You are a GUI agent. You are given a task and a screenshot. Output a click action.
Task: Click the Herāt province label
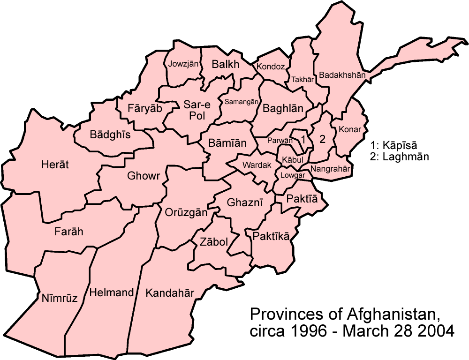(55, 165)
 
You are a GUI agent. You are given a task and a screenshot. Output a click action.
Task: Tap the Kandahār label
(170, 293)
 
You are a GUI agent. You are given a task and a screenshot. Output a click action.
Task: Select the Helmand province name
(112, 292)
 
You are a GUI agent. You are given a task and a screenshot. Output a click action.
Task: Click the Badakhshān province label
(342, 75)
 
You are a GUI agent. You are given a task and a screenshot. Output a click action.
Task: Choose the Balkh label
(226, 64)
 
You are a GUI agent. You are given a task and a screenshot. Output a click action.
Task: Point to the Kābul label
(289, 160)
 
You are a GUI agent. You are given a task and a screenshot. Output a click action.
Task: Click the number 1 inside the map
(303, 139)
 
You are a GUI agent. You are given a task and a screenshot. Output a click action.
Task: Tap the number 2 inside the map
(322, 139)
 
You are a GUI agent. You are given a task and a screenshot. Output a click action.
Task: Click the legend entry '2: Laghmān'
(399, 157)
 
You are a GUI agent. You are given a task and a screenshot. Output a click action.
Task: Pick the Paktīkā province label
(271, 236)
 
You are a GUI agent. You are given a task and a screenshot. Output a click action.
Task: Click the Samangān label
(242, 101)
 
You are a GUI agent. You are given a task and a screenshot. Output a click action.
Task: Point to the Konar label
(350, 129)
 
